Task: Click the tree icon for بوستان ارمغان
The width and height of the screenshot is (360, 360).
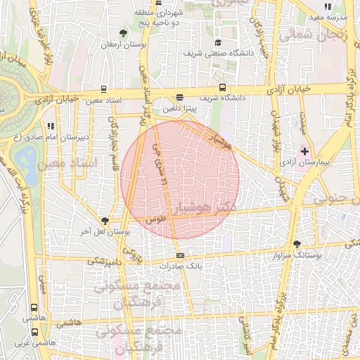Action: tap(124, 32)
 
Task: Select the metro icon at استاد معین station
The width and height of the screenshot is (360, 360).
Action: tap(104, 89)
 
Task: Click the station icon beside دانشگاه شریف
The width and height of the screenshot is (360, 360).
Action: tap(222, 88)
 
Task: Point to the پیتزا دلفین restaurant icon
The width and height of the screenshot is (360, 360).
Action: tap(179, 98)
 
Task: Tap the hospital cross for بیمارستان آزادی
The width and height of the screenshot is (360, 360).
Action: tap(304, 150)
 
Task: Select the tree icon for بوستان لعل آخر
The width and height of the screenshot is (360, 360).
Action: tap(105, 221)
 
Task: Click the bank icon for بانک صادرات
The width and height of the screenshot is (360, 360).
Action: tap(181, 255)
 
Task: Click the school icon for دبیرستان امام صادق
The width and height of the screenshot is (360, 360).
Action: tap(50, 126)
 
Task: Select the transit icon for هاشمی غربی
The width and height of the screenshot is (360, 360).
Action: tap(34, 331)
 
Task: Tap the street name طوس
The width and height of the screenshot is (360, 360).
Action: tap(156, 219)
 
